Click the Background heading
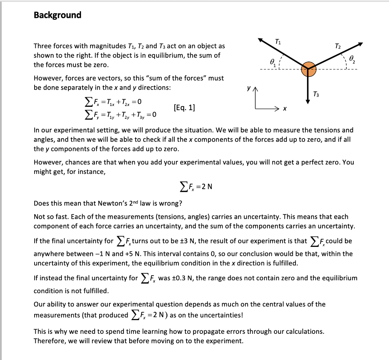pos(57,15)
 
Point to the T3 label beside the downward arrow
pos(316,94)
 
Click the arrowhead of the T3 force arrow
pos(308,101)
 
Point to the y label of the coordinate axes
pos(248,88)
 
